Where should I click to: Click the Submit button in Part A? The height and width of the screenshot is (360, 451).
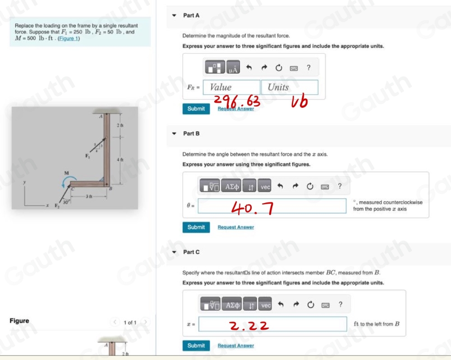pos(196,109)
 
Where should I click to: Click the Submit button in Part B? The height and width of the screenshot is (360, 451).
pos(196,227)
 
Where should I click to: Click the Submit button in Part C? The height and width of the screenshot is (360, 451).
pos(196,346)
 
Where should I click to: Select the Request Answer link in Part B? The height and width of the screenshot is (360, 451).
pos(235,227)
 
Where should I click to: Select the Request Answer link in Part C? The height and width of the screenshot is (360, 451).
pos(235,346)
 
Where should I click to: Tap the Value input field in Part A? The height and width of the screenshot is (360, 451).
pos(231,88)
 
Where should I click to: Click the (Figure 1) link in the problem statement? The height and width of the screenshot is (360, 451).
pos(70,38)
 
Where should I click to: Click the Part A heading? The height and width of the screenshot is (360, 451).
pos(191,15)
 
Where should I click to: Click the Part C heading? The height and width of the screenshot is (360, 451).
pos(191,252)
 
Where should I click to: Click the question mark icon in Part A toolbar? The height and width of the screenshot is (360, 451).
pos(308,68)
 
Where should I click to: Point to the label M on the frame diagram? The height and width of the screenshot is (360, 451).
pos(65,172)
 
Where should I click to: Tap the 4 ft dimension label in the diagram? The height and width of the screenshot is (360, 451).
pos(120,160)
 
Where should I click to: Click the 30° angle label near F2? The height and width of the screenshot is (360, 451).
pos(65,203)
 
